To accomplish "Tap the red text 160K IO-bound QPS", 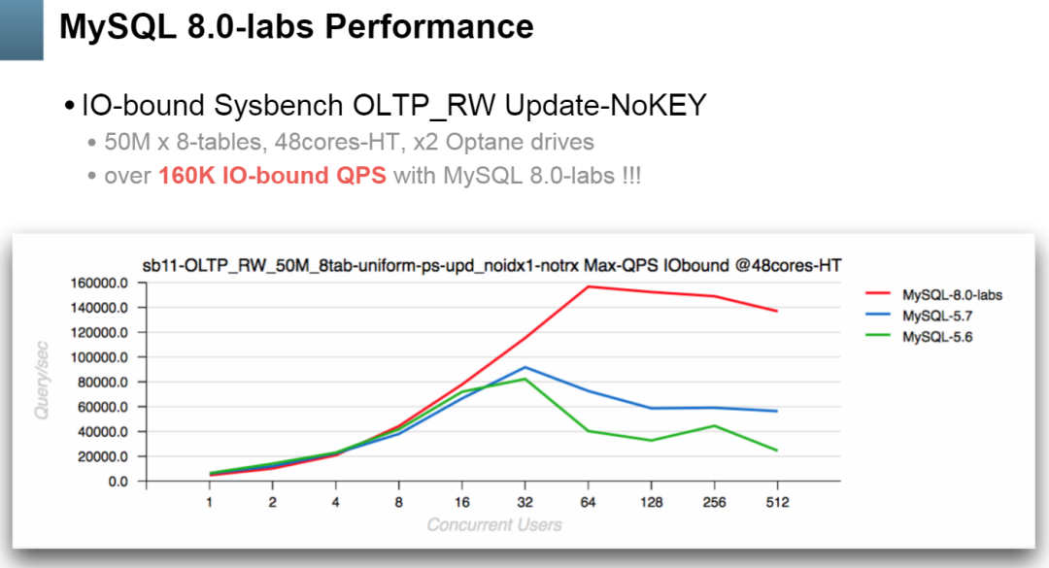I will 272,177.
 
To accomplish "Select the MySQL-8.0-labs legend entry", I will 951,295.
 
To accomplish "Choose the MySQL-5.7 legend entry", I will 936,317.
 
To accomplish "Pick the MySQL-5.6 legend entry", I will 936,337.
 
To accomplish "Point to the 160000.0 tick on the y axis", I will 99,283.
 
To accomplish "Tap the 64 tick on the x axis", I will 588,502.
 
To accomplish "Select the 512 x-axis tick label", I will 777,502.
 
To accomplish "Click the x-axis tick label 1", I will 209,502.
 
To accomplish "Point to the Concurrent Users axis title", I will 493,525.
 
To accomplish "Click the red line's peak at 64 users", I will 588,286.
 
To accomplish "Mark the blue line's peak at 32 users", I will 524,367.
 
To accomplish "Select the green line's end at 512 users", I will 777,451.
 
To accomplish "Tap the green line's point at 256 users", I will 714,425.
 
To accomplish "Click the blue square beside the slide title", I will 21,29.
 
